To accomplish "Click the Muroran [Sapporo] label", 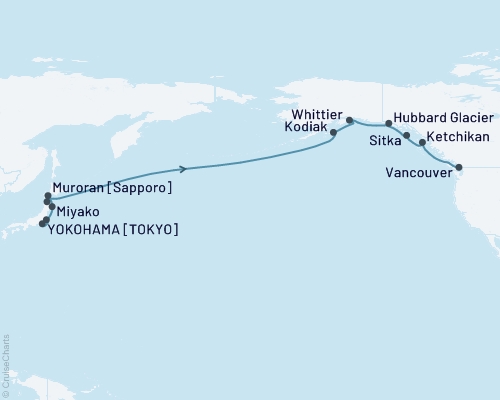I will tap(111, 187).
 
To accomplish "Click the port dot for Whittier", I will tap(349, 121).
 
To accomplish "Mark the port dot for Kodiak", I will tap(333, 138).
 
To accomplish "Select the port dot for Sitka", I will tap(407, 134).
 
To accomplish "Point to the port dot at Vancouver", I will tap(459, 167).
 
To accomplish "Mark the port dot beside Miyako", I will tap(52, 207).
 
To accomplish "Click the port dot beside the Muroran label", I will tap(47, 196).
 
